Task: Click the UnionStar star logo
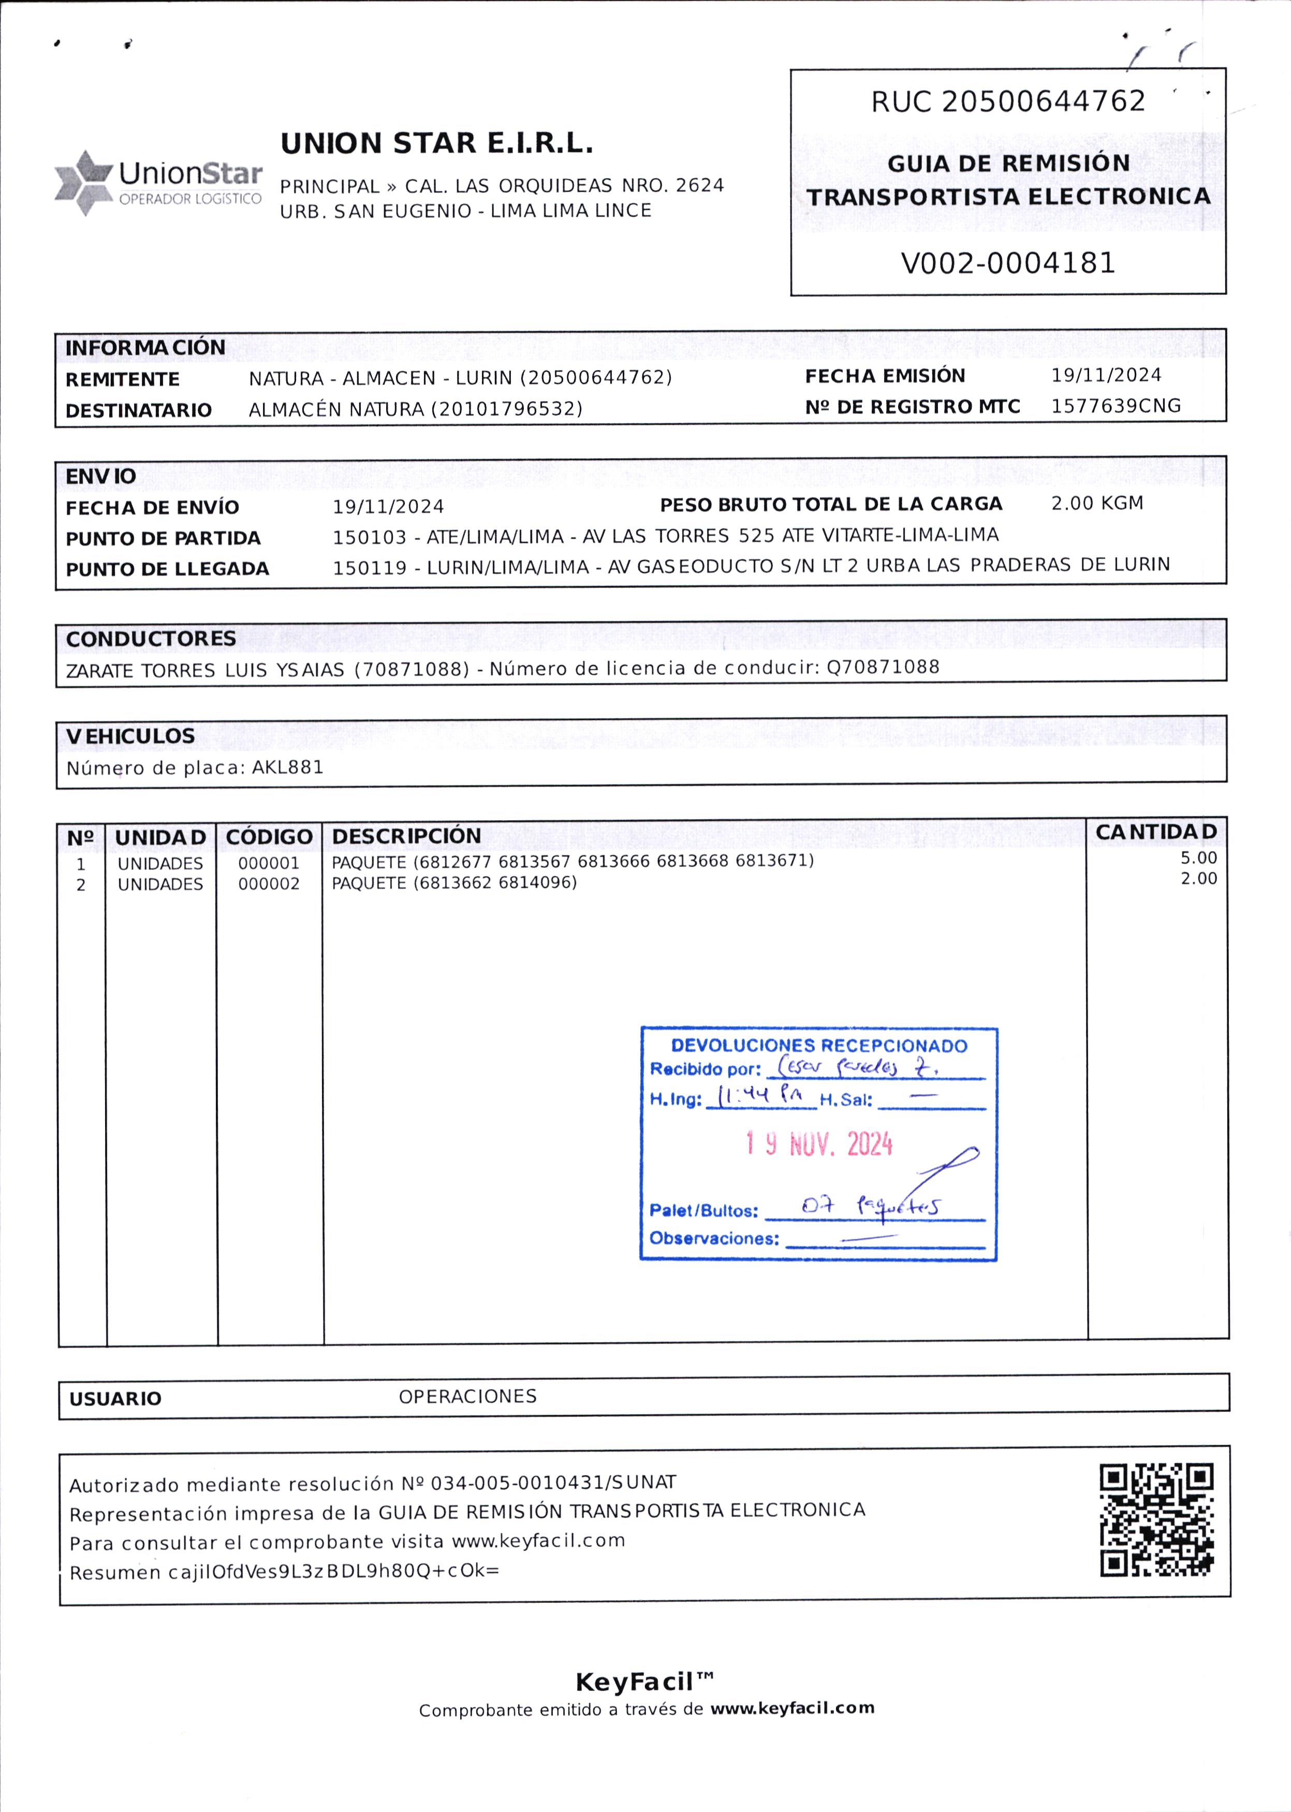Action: [83, 183]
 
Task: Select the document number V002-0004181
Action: [1008, 263]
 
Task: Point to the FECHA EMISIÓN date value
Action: [1106, 375]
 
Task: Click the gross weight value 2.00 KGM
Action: [1097, 503]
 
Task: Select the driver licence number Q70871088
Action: [883, 667]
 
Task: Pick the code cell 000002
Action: [269, 884]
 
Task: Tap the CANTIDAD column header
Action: [1156, 832]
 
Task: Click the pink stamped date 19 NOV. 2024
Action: [819, 1145]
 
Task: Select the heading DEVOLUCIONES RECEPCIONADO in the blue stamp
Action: [819, 1046]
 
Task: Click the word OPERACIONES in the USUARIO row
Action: [467, 1397]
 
